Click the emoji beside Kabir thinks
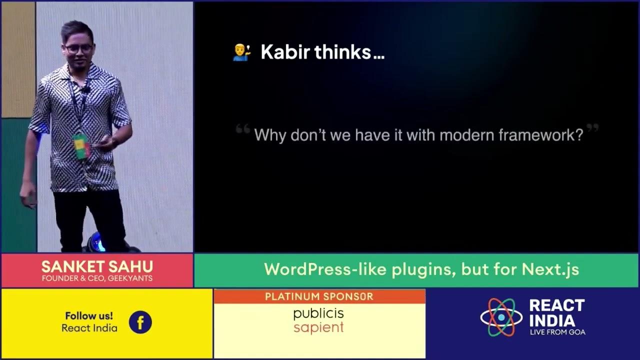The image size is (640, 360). pos(241,52)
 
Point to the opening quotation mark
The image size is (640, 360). pos(243,129)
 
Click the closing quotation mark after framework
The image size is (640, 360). pos(592,128)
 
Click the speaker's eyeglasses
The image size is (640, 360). pos(78,49)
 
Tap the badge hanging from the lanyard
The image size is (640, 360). pos(80,145)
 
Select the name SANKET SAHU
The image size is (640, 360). pos(97,266)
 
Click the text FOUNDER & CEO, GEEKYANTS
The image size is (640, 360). pos(97,278)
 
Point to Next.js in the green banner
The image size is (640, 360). pos(550,269)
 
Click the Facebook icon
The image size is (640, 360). pos(140,322)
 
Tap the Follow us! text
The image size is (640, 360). pos(89,316)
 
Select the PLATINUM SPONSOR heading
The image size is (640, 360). pos(319,296)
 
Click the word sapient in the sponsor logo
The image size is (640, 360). pos(318,328)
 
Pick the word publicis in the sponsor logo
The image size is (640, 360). pos(318,314)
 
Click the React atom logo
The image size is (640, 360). pos(501,317)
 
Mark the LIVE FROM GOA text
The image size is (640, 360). pos(557,332)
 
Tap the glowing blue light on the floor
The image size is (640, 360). pos(96,243)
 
